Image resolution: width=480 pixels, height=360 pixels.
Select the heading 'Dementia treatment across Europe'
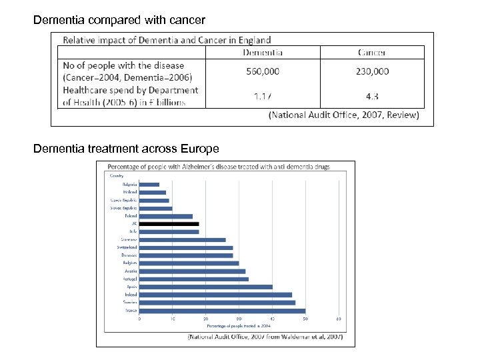(x=126, y=148)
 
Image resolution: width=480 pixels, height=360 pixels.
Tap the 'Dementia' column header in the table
(x=262, y=52)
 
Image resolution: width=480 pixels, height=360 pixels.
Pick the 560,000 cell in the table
(x=262, y=71)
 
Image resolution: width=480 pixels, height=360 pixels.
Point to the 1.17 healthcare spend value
(x=262, y=96)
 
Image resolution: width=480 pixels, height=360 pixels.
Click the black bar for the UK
(x=169, y=224)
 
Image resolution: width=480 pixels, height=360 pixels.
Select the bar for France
(x=222, y=311)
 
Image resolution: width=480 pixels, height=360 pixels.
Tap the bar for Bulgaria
(x=149, y=185)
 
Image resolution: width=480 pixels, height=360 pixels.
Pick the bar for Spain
(x=205, y=287)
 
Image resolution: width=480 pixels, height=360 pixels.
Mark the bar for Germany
(x=182, y=239)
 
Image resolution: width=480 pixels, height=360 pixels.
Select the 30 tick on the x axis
(x=239, y=319)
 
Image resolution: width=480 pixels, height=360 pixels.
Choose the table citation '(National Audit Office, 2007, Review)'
(x=343, y=115)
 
